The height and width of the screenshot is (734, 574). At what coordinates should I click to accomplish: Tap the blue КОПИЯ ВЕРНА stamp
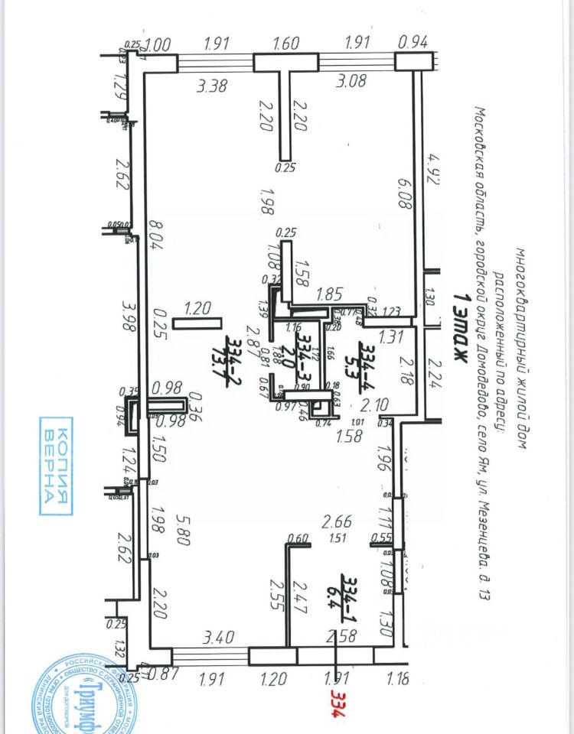(x=57, y=465)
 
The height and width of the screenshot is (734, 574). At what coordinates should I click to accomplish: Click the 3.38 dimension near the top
(x=211, y=86)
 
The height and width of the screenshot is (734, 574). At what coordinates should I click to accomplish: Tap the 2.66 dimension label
(x=337, y=522)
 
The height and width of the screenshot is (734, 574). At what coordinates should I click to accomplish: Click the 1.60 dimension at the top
(x=285, y=44)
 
